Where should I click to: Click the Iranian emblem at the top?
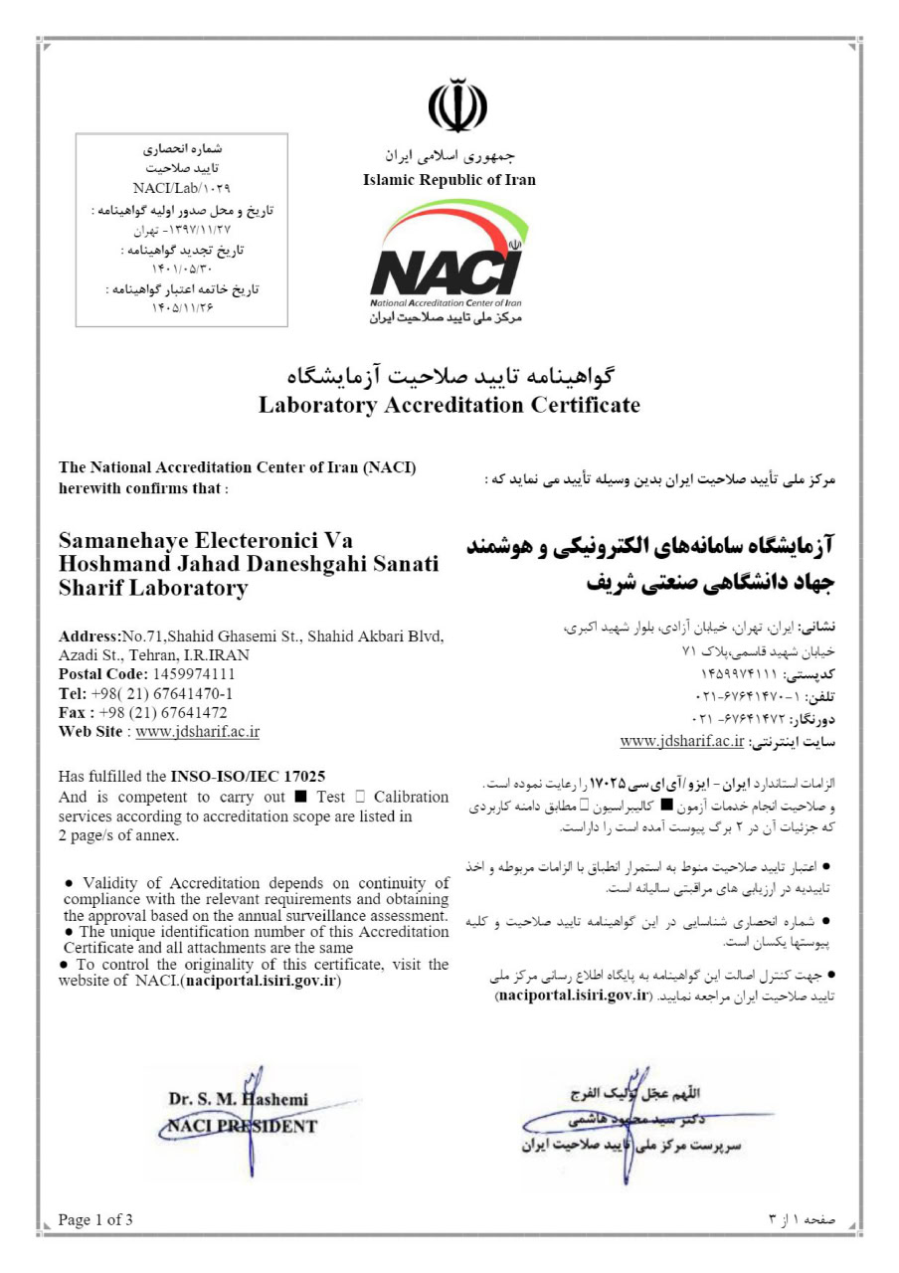pyautogui.click(x=457, y=107)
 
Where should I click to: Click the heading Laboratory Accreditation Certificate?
pyautogui.click(x=449, y=405)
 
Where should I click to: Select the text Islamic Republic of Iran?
pyautogui.click(x=449, y=180)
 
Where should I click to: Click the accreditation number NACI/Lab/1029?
pyautogui.click(x=181, y=188)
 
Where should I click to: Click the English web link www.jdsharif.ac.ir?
pyautogui.click(x=197, y=732)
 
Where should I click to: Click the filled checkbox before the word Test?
pyautogui.click(x=300, y=798)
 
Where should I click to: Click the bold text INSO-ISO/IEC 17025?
pyautogui.click(x=249, y=776)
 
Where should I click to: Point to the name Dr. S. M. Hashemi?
pyautogui.click(x=239, y=1099)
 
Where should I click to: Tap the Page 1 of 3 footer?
pyautogui.click(x=95, y=1219)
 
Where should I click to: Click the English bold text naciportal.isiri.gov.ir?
pyautogui.click(x=263, y=982)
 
